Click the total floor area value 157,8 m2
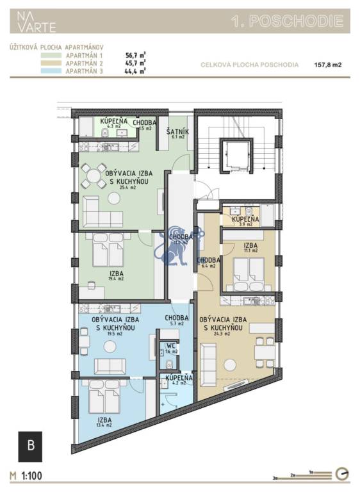pyautogui.click(x=328, y=65)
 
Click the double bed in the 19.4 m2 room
pyautogui.click(x=106, y=250)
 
